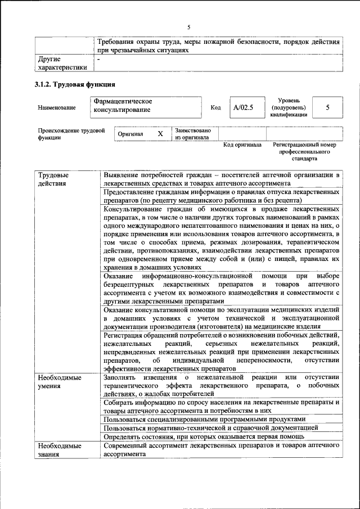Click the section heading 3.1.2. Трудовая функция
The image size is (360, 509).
[x=75, y=85]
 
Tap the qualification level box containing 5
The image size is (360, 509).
[x=327, y=107]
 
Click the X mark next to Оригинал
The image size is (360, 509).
[x=160, y=134]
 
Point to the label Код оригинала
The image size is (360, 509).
[x=242, y=145]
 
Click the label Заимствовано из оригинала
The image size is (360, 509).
[x=192, y=133]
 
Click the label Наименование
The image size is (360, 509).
[x=57, y=107]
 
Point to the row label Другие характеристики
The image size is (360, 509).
[x=62, y=63]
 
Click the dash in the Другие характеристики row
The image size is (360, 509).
[x=99, y=59]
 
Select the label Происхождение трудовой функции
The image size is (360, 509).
[x=71, y=134]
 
